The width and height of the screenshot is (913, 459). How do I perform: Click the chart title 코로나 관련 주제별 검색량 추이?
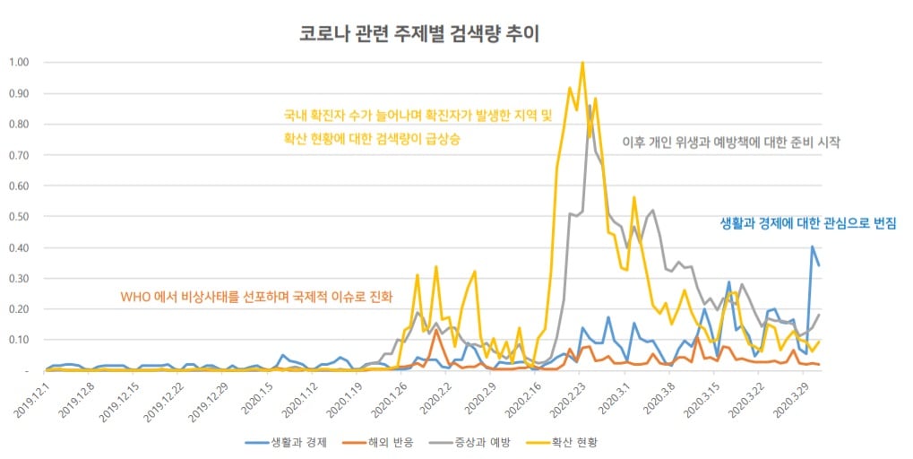point(419,34)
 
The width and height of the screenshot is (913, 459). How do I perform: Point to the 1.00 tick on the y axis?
point(20,63)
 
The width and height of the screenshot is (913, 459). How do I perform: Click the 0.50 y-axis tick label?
point(20,217)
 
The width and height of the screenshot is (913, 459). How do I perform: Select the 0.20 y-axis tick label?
point(20,309)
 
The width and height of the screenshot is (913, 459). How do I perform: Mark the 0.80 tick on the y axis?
point(20,125)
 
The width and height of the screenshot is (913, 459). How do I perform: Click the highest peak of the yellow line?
point(582,63)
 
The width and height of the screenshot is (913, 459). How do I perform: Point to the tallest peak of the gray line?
point(590,106)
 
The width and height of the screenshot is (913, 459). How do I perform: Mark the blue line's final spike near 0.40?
point(813,247)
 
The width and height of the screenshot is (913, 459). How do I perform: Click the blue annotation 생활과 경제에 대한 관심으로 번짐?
point(808,222)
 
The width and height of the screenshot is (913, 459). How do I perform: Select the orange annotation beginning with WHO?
point(256,297)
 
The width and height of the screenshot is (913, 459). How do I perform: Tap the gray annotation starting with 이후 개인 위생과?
point(730,143)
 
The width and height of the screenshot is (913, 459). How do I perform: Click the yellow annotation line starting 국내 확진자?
point(418,116)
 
